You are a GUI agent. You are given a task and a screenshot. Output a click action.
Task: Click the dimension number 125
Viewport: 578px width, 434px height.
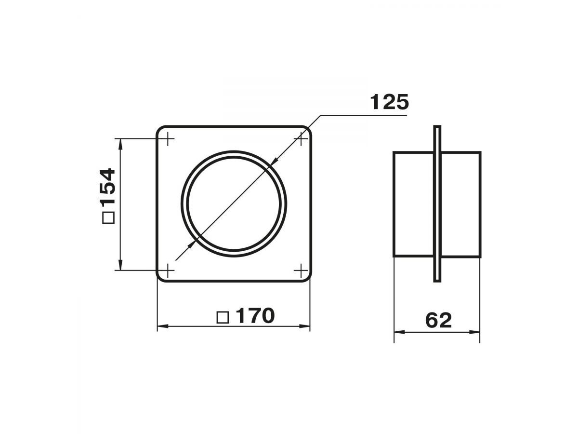pyautogui.click(x=389, y=102)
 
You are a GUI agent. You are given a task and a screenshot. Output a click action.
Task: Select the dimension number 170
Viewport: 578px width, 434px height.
pyautogui.click(x=255, y=316)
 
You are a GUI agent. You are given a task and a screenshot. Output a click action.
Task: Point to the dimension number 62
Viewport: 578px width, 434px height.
pyautogui.click(x=438, y=320)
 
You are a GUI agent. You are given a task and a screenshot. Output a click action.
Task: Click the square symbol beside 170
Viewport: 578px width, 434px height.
pyautogui.click(x=223, y=317)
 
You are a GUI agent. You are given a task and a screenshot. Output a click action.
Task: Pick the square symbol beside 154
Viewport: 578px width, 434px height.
pyautogui.click(x=108, y=217)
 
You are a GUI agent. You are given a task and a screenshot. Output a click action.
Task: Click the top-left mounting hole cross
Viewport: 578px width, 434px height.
pyautogui.click(x=168, y=138)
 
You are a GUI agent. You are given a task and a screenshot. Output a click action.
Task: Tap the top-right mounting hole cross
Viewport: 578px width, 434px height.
pyautogui.click(x=301, y=138)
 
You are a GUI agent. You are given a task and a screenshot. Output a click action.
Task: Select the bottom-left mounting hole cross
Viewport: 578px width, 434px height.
pyautogui.click(x=168, y=270)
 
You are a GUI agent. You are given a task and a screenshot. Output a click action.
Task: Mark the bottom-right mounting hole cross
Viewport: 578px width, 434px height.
pyautogui.click(x=301, y=270)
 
